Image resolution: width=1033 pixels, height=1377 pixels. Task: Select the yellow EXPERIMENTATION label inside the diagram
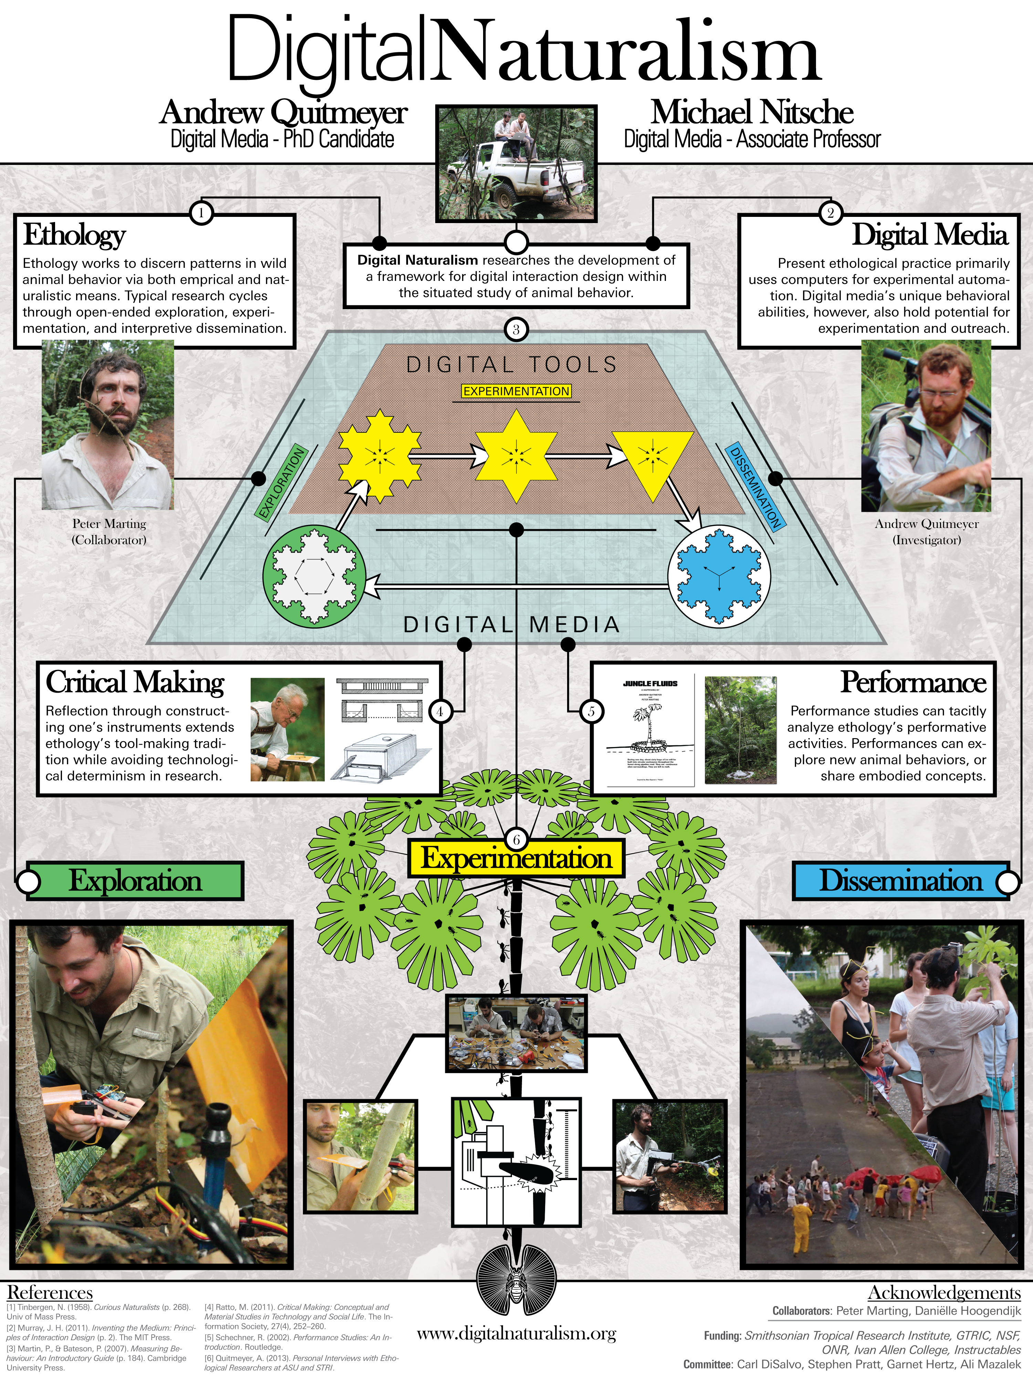pos(516,391)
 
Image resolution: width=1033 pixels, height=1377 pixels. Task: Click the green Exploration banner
pos(135,881)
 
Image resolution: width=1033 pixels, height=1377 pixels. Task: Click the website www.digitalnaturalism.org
pos(516,1333)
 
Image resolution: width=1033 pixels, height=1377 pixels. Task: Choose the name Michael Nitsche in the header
pos(752,113)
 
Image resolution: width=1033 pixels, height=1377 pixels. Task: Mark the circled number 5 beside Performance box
pos(592,711)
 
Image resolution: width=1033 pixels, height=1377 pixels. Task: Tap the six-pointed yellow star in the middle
pos(516,456)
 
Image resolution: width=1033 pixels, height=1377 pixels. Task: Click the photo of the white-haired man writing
pos(287,729)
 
